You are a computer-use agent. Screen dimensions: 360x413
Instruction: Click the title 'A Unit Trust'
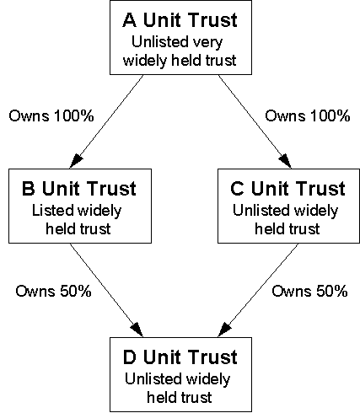pyautogui.click(x=180, y=20)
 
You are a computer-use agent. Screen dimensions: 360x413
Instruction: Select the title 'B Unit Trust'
pyautogui.click(x=79, y=188)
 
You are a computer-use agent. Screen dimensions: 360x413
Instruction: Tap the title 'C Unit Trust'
pyautogui.click(x=287, y=188)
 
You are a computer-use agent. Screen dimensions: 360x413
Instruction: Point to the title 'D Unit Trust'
pyautogui.click(x=180, y=357)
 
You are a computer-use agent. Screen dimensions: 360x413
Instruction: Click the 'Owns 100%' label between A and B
pyautogui.click(x=51, y=115)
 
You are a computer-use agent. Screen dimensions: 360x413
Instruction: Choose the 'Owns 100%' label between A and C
pyautogui.click(x=308, y=115)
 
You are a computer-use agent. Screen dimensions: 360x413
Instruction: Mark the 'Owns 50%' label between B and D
pyautogui.click(x=53, y=291)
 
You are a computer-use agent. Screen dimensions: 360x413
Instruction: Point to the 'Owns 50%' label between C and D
pyautogui.click(x=309, y=291)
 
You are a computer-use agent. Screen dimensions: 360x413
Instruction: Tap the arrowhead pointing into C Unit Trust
pyautogui.click(x=286, y=161)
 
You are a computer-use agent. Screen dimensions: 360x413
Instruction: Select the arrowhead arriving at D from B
pyautogui.click(x=137, y=330)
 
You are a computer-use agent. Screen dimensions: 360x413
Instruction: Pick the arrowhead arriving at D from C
pyautogui.click(x=224, y=330)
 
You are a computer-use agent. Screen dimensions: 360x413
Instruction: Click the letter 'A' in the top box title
pyautogui.click(x=130, y=20)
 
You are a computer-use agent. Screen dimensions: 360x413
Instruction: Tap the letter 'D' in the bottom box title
pyautogui.click(x=130, y=357)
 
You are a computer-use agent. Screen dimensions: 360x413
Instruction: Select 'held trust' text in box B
pyautogui.click(x=78, y=228)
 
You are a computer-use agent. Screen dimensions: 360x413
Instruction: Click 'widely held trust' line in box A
pyautogui.click(x=180, y=61)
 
